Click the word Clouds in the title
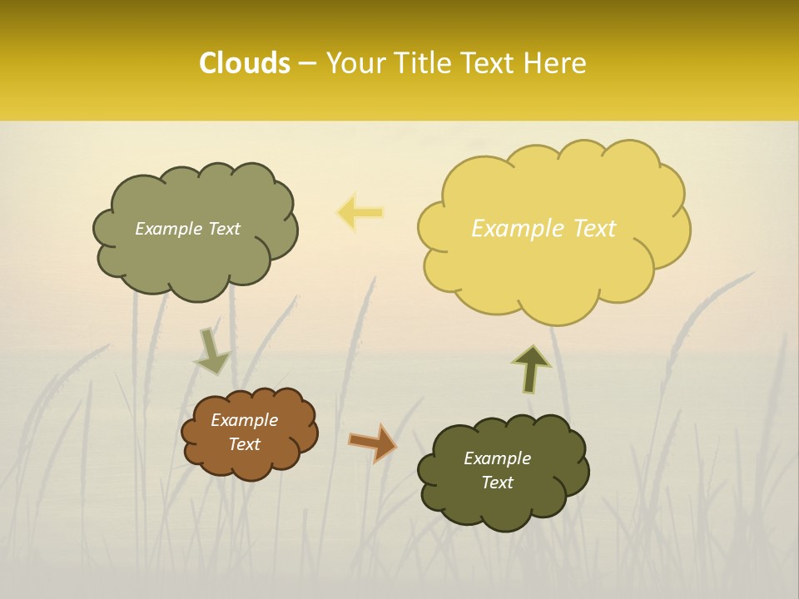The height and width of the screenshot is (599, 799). (244, 62)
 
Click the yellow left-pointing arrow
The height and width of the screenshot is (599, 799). (360, 213)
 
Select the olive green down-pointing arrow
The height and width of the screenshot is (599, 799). (211, 353)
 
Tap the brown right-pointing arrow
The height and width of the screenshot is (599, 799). (373, 443)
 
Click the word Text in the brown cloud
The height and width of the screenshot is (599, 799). (245, 444)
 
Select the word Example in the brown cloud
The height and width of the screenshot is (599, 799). (245, 420)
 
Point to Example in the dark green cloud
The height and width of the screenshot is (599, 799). (497, 458)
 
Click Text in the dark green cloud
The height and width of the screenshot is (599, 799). (497, 483)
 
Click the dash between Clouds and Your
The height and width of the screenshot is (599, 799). (307, 63)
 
